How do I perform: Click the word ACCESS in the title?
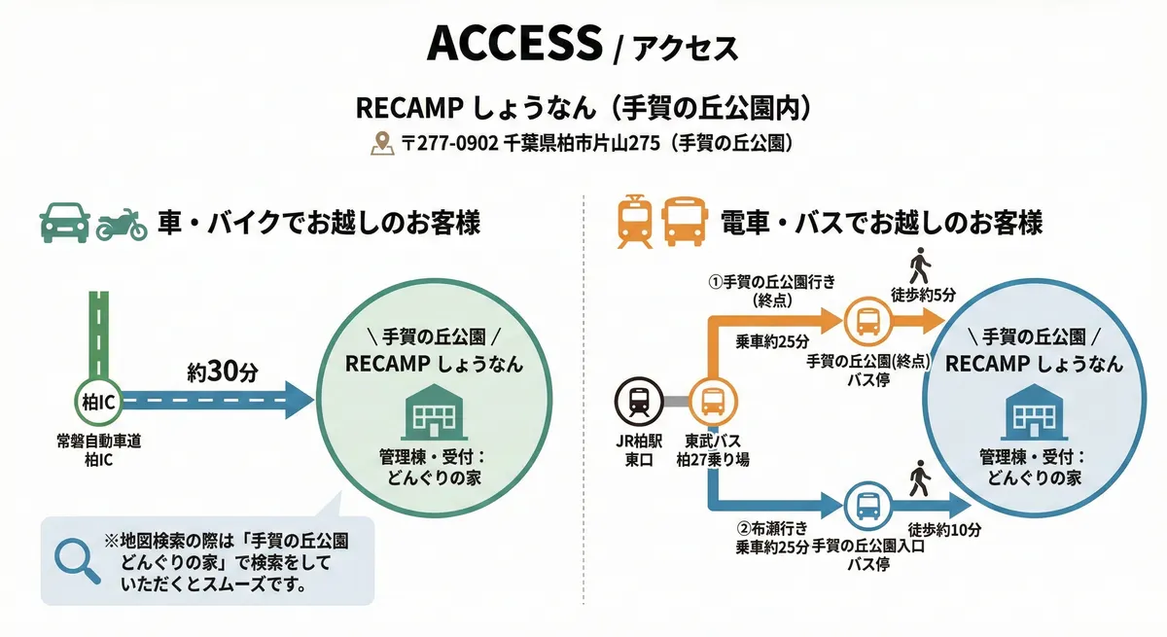(514, 45)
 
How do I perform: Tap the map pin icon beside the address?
(381, 144)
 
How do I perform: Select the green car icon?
(64, 223)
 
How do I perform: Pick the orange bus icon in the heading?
(684, 222)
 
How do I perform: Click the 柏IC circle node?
(97, 399)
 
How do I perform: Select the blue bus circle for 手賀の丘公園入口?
(866, 505)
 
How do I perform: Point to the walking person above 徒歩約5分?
(919, 265)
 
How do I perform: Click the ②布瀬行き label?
(772, 529)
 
